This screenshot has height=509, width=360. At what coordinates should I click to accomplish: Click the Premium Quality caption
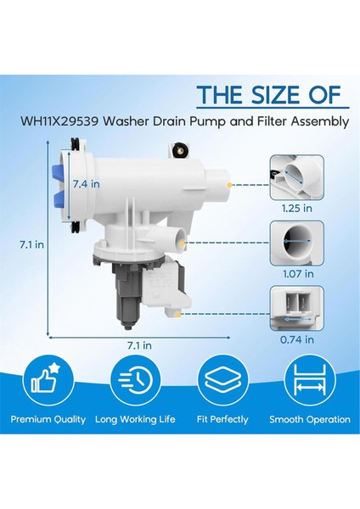click(x=48, y=419)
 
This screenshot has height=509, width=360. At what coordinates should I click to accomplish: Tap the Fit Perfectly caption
click(x=221, y=419)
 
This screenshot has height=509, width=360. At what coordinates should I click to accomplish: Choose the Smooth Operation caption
click(x=309, y=419)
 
